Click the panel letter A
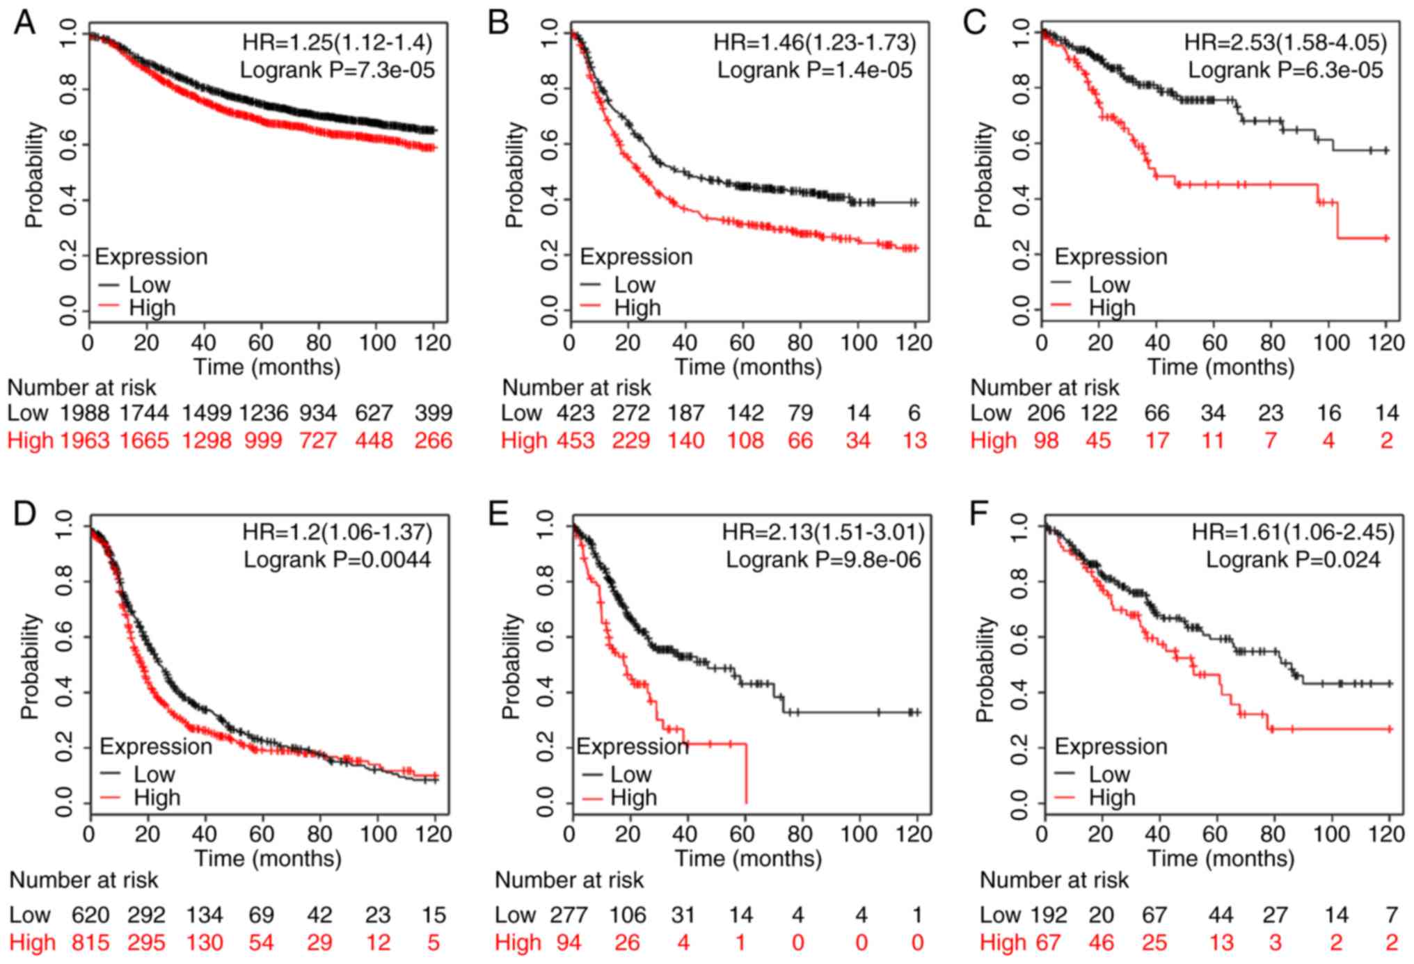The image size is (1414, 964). tap(24, 22)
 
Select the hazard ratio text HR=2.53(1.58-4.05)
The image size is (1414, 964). tap(1285, 43)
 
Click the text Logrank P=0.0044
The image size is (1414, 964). tap(337, 559)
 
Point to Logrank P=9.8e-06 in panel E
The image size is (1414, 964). tap(823, 559)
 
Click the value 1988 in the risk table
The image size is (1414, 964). tap(84, 413)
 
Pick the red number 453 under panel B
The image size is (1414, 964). tap(575, 440)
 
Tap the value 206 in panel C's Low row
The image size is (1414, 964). tap(1046, 413)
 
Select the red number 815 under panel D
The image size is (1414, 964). tap(90, 942)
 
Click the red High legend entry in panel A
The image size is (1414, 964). tap(152, 307)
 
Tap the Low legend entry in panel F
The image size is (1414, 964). tap(1109, 774)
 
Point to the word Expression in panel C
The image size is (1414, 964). tap(1111, 257)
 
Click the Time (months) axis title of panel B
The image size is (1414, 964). tap(748, 367)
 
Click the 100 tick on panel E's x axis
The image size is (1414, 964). tap(859, 833)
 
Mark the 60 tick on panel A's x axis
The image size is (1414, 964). tap(261, 343)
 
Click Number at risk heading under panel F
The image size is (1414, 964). tap(1054, 881)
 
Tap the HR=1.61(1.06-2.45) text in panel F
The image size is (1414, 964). tap(1293, 533)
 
